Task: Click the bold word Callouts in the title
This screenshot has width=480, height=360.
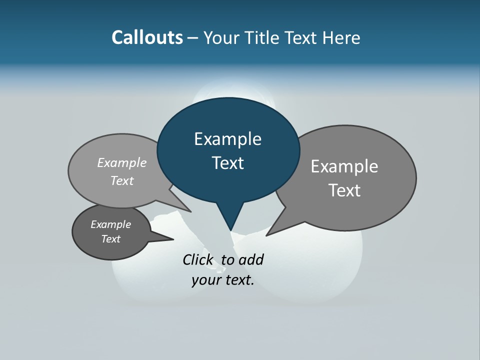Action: coord(147,37)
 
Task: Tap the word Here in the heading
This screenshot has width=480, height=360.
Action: coord(341,37)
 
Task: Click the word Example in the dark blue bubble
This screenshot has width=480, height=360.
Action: coord(227,139)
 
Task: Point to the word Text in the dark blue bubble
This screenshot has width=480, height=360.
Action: coord(227,163)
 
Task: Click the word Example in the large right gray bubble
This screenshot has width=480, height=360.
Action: coord(344,166)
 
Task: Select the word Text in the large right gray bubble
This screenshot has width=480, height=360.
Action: coord(344,190)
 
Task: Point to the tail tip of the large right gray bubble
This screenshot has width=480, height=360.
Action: coord(266,235)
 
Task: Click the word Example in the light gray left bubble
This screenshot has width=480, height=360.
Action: coord(122,162)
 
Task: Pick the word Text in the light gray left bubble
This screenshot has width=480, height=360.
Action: coord(122,180)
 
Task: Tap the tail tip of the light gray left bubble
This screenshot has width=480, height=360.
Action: coord(191,211)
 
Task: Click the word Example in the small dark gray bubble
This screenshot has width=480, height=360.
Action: coord(110,224)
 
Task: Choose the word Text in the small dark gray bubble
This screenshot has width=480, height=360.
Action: coord(110,239)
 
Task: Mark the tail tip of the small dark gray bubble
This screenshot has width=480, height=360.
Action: coord(173,239)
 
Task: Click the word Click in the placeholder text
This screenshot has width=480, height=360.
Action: coord(198,259)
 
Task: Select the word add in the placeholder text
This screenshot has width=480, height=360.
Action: coord(251,259)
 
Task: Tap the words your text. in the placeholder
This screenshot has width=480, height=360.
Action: coord(223,280)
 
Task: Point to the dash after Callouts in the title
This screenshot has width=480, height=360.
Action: coord(193,38)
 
